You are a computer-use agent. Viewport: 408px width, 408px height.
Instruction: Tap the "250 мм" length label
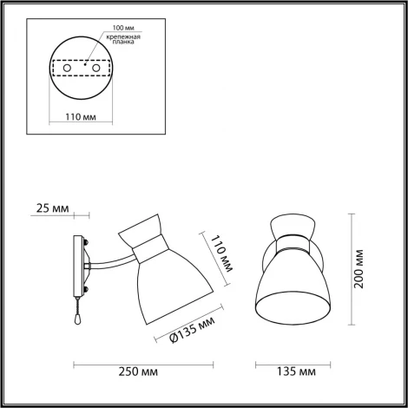138,373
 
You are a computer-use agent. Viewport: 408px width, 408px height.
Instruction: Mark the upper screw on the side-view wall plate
86,241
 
